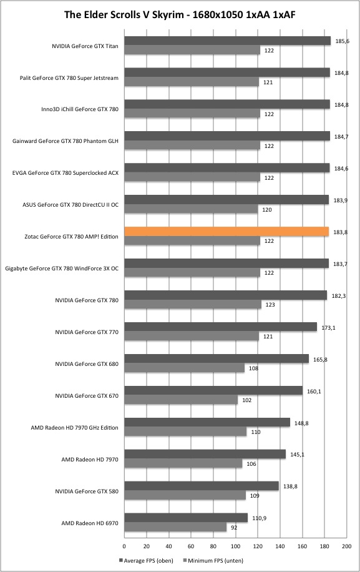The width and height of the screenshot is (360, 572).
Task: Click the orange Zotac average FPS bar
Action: [x=226, y=232]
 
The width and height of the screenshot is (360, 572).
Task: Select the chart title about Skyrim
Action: [x=180, y=14]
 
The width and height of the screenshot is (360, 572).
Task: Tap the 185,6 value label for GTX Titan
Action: [x=342, y=41]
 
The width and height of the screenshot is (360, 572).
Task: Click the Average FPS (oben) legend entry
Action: [x=146, y=560]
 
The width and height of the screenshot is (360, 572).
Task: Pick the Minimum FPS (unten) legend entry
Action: [x=213, y=560]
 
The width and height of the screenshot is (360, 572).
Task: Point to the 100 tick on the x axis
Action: [x=235, y=546]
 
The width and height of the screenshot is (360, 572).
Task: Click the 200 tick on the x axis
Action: [x=346, y=546]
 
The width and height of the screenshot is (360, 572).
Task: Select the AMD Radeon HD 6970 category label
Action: [x=90, y=523]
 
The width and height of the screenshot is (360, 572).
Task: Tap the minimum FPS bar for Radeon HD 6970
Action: [x=175, y=527]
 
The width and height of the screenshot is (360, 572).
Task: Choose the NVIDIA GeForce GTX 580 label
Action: [x=87, y=491]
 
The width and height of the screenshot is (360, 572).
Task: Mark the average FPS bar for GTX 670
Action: [x=213, y=391]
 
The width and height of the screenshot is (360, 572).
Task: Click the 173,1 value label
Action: [x=329, y=328]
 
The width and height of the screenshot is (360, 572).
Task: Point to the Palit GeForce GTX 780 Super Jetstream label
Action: [x=69, y=78]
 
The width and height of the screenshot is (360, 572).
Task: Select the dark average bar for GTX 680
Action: [x=216, y=359]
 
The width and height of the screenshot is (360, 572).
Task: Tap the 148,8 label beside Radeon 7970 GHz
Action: [x=301, y=423]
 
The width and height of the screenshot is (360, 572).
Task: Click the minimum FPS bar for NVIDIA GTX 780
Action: [x=193, y=304]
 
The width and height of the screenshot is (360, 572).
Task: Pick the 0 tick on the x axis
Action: [x=124, y=546]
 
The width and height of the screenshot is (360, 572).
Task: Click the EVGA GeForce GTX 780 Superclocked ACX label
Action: [x=66, y=173]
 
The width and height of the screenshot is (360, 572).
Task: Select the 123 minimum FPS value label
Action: [x=270, y=305]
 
